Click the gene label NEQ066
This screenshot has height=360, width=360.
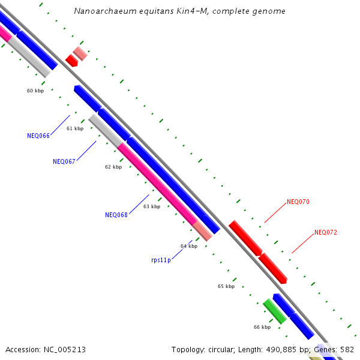[x=38, y=135]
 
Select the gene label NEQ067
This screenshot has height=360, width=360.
[x=64, y=161]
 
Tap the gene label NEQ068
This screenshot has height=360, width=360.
[x=116, y=215]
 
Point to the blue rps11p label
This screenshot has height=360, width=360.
[x=161, y=260]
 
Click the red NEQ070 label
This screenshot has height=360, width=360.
[x=298, y=202]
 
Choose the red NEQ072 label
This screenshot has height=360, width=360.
[x=326, y=232]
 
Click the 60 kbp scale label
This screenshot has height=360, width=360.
[x=35, y=91]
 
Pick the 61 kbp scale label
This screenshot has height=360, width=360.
[x=75, y=128]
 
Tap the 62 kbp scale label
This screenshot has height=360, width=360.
[x=113, y=167]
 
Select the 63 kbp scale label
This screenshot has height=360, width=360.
[x=152, y=206]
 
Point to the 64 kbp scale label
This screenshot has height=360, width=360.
[x=189, y=246]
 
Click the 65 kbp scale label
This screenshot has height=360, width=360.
[x=226, y=286]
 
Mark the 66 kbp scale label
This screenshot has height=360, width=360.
[x=262, y=327]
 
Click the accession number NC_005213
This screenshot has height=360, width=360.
[x=63, y=349]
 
